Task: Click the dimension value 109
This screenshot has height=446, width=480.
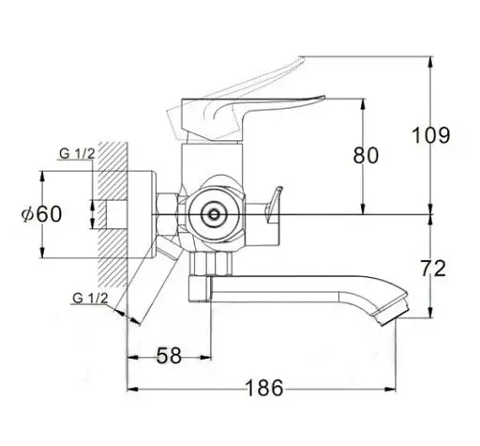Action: click(x=431, y=135)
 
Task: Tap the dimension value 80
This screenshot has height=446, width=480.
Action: click(x=366, y=155)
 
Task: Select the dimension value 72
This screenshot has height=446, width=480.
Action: click(x=433, y=269)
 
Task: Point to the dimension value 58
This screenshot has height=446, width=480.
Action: click(x=169, y=356)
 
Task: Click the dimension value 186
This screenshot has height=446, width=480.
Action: click(x=264, y=388)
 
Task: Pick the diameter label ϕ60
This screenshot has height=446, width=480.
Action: click(x=41, y=214)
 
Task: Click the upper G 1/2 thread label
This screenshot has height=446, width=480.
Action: click(x=77, y=154)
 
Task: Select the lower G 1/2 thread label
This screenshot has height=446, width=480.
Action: click(x=90, y=299)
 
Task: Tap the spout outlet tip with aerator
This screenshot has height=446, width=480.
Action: click(x=392, y=314)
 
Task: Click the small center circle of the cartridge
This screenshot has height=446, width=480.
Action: click(x=214, y=215)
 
